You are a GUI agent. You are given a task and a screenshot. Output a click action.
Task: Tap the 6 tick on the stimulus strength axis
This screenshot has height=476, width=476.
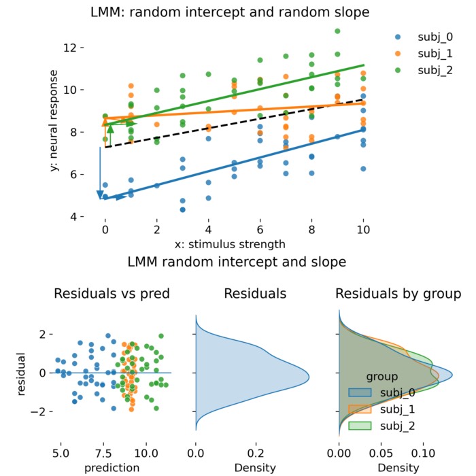tap(260, 231)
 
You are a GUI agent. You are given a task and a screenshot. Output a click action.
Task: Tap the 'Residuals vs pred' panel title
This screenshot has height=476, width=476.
tap(112, 294)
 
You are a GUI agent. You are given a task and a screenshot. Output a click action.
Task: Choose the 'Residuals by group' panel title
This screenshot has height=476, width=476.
tap(398, 294)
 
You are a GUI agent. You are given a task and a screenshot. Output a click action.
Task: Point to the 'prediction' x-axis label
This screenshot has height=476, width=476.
tap(112, 467)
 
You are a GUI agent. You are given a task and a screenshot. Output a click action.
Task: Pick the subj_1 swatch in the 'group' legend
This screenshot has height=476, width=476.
tap(360, 409)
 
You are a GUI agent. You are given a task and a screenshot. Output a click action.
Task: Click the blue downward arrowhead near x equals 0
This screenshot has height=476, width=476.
tap(101, 195)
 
